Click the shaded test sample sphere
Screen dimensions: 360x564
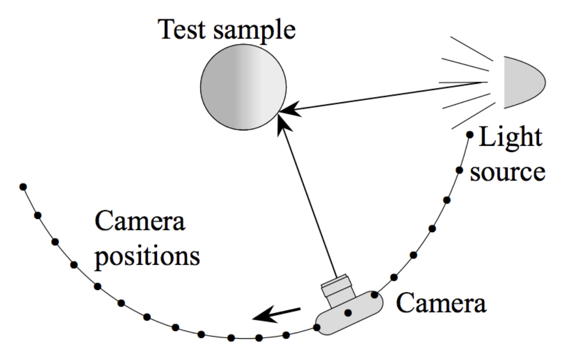[x=243, y=87]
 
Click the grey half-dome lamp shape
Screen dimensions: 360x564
[x=522, y=82]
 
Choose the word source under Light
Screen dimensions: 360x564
[x=508, y=171]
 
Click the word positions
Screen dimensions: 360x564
[x=147, y=257]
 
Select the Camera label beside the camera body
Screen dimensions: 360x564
[x=441, y=303]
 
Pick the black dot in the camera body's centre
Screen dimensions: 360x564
[x=348, y=313]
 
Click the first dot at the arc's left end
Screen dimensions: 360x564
[x=23, y=187]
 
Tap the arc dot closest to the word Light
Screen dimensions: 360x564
[x=470, y=135]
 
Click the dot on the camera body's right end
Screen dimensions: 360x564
[x=374, y=295]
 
